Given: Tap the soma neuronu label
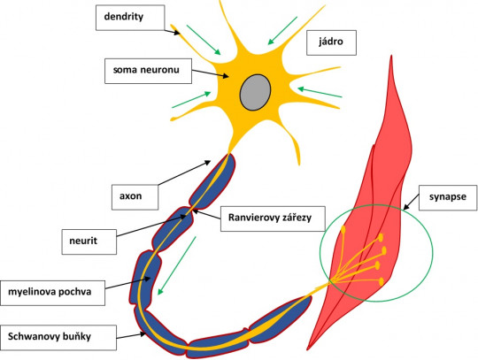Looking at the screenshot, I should click(x=146, y=69).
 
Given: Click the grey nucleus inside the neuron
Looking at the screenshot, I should click(x=256, y=91).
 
